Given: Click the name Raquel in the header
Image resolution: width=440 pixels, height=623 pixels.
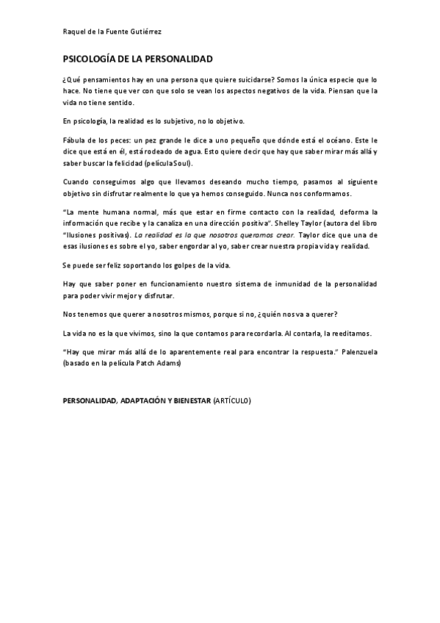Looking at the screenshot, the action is coord(73,32).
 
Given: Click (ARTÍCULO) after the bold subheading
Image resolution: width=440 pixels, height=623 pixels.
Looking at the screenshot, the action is coord(232,401).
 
